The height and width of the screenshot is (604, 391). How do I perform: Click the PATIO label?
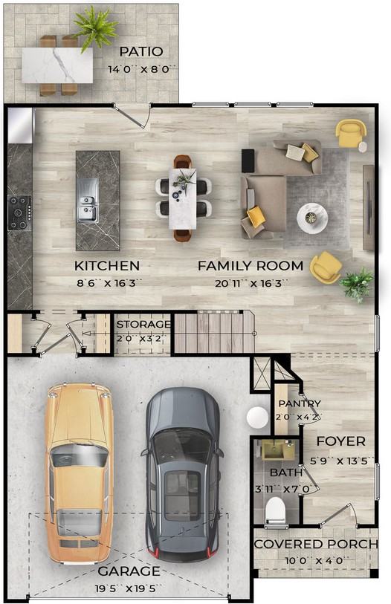tap(140, 51)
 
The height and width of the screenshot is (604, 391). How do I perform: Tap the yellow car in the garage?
tap(79, 474)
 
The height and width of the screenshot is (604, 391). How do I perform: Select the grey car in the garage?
tap(182, 475)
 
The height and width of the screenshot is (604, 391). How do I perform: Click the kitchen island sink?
tap(87, 201)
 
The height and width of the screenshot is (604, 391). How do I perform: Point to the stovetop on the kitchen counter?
tap(19, 212)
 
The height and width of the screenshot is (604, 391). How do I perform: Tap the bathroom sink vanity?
tap(278, 451)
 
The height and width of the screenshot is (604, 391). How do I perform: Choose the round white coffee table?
tap(312, 218)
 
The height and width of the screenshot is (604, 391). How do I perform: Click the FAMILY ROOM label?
tap(251, 266)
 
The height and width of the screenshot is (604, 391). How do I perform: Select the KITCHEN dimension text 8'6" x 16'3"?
tap(107, 284)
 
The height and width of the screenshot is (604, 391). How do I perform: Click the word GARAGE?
tap(129, 571)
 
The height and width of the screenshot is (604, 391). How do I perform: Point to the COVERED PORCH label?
tap(316, 544)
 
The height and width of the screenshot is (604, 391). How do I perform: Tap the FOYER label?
tap(341, 441)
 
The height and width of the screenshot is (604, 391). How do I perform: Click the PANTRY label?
tap(300, 403)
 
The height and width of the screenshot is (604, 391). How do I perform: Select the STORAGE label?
tap(143, 325)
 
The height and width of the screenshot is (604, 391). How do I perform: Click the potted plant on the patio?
tap(95, 27)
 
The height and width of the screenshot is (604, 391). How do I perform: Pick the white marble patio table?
tap(57, 65)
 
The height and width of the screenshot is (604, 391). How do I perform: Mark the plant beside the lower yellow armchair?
tap(357, 285)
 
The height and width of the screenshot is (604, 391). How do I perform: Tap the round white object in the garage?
tap(257, 418)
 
